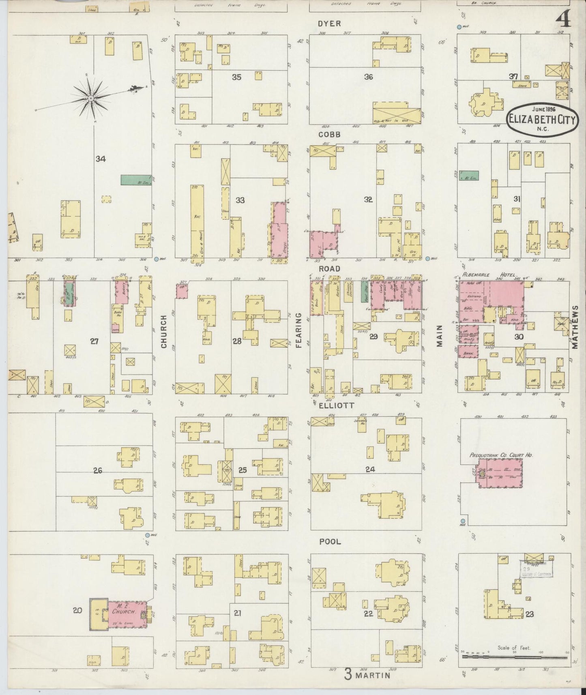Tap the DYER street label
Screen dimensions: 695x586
tap(329, 24)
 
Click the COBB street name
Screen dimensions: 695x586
tap(329, 134)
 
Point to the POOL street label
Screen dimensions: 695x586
tap(330, 542)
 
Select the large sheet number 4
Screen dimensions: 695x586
tap(563, 19)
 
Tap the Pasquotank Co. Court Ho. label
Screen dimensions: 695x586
tap(501, 455)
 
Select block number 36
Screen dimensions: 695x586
tap(368, 77)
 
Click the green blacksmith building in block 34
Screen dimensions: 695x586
tap(136, 180)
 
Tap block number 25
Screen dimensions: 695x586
tap(243, 470)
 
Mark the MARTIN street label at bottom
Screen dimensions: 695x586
tap(373, 676)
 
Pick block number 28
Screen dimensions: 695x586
tap(237, 341)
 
